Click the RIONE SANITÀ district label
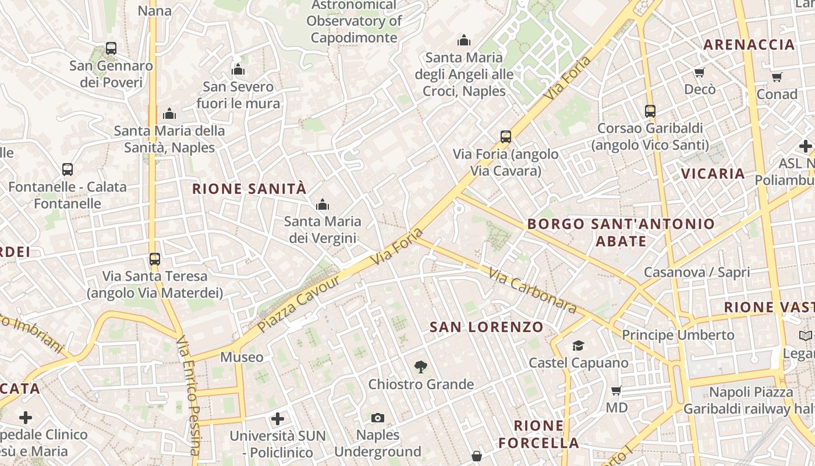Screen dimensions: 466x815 pyautogui.click(x=249, y=189)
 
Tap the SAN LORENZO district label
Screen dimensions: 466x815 pyautogui.click(x=486, y=327)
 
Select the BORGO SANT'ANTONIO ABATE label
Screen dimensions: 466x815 pyautogui.click(x=621, y=232)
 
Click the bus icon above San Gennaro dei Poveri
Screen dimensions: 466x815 pyautogui.click(x=111, y=48)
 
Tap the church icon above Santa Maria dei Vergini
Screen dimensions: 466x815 pyautogui.click(x=322, y=204)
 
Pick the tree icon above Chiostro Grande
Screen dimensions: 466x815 pyautogui.click(x=420, y=367)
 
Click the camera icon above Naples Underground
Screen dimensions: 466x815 pyautogui.click(x=378, y=418)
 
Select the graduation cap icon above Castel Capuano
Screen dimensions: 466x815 pyautogui.click(x=578, y=346)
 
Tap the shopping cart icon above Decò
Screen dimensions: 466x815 pyautogui.click(x=699, y=72)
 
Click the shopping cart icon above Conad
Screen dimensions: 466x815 pyautogui.click(x=777, y=77)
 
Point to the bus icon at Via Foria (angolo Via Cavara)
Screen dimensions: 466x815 pyautogui.click(x=505, y=137)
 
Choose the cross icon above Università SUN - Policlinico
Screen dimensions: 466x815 pyautogui.click(x=278, y=418)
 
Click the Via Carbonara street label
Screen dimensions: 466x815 pyautogui.click(x=532, y=291)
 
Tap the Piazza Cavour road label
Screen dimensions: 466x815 pyautogui.click(x=299, y=303)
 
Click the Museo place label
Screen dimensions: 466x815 pyautogui.click(x=242, y=357)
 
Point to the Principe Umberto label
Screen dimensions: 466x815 pyautogui.click(x=678, y=335)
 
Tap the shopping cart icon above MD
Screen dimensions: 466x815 pyautogui.click(x=616, y=390)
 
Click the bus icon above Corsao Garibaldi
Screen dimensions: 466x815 pyautogui.click(x=650, y=111)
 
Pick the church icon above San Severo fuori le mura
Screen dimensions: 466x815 pyautogui.click(x=238, y=69)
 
